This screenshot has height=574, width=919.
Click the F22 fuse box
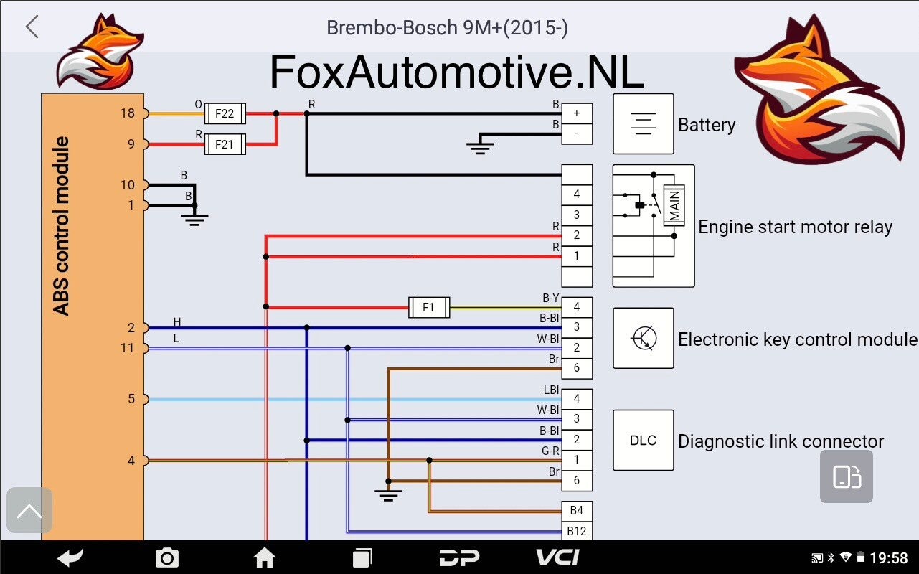[225, 113]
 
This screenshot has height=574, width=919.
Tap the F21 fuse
[225, 144]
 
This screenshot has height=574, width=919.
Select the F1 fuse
[429, 307]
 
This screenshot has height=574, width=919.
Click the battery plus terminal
[577, 113]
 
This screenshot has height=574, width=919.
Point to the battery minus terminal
[577, 133]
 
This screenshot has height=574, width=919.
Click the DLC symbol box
[644, 441]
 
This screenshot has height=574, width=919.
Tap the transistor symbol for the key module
[644, 338]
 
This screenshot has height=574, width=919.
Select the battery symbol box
[644, 124]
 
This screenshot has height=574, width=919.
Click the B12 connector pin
[577, 532]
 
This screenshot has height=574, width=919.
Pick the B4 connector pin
[577, 511]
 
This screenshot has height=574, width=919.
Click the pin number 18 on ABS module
[128, 113]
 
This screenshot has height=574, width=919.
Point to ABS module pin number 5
[131, 399]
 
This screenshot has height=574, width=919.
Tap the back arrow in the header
[32, 27]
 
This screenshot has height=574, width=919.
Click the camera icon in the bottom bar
[167, 558]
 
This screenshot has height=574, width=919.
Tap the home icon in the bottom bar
[265, 558]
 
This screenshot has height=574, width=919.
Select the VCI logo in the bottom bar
[558, 557]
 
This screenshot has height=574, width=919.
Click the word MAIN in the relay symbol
[674, 205]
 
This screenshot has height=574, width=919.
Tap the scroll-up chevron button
[29, 510]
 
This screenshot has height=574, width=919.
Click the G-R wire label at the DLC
[550, 451]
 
